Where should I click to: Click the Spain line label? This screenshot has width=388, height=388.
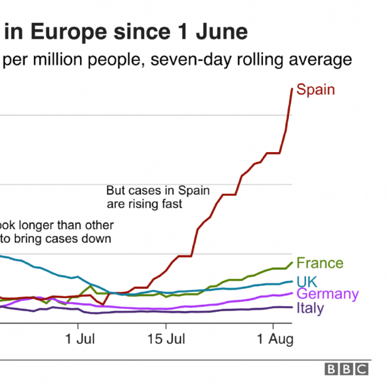click(x=315, y=90)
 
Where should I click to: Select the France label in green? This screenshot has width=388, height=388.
click(x=320, y=263)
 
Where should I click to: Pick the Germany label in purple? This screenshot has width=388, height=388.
click(x=327, y=294)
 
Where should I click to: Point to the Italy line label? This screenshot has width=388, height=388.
click(x=310, y=308)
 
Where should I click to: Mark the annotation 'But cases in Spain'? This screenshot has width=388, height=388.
click(x=158, y=190)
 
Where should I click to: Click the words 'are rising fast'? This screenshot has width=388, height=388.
click(x=145, y=204)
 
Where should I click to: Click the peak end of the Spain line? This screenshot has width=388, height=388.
click(x=292, y=88)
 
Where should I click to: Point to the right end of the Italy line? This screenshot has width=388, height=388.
click(x=292, y=307)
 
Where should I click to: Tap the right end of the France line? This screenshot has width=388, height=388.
click(x=292, y=263)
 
